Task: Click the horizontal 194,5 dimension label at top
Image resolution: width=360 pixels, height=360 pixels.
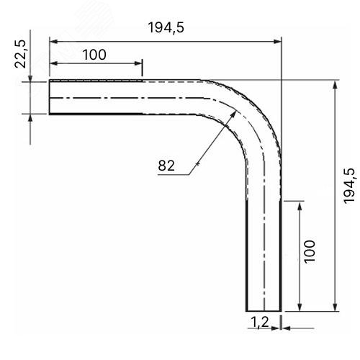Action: pyautogui.click(x=166, y=27)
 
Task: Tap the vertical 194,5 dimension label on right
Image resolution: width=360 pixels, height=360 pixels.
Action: pyautogui.click(x=348, y=186)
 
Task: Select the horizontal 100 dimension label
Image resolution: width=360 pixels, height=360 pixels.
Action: pyautogui.click(x=94, y=55)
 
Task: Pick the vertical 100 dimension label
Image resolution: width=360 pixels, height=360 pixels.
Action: pyautogui.click(x=310, y=252)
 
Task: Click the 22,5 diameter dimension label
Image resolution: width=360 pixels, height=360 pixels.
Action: pyautogui.click(x=20, y=54)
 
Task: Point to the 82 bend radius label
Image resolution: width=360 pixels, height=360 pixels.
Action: pyautogui.click(x=166, y=166)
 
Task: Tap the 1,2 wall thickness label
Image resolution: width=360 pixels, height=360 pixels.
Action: pyautogui.click(x=260, y=322)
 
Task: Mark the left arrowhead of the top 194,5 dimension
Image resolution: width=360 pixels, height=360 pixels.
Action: pyautogui.click(x=53, y=42)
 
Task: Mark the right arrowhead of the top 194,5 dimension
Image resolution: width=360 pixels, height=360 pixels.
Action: pyautogui.click(x=277, y=42)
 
